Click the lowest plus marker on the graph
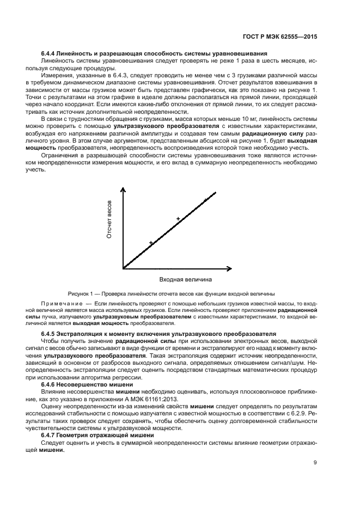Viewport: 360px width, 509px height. [x=151, y=243]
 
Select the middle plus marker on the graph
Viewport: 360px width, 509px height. [x=178, y=219]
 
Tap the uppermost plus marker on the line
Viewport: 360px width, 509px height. [x=205, y=200]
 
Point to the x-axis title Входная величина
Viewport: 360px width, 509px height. [x=185, y=279]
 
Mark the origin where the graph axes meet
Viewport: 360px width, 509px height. [x=124, y=268]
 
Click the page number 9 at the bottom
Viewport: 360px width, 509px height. [x=316, y=463]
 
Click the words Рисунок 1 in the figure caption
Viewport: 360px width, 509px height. [x=81, y=292]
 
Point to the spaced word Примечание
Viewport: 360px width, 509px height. [x=60, y=303]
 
